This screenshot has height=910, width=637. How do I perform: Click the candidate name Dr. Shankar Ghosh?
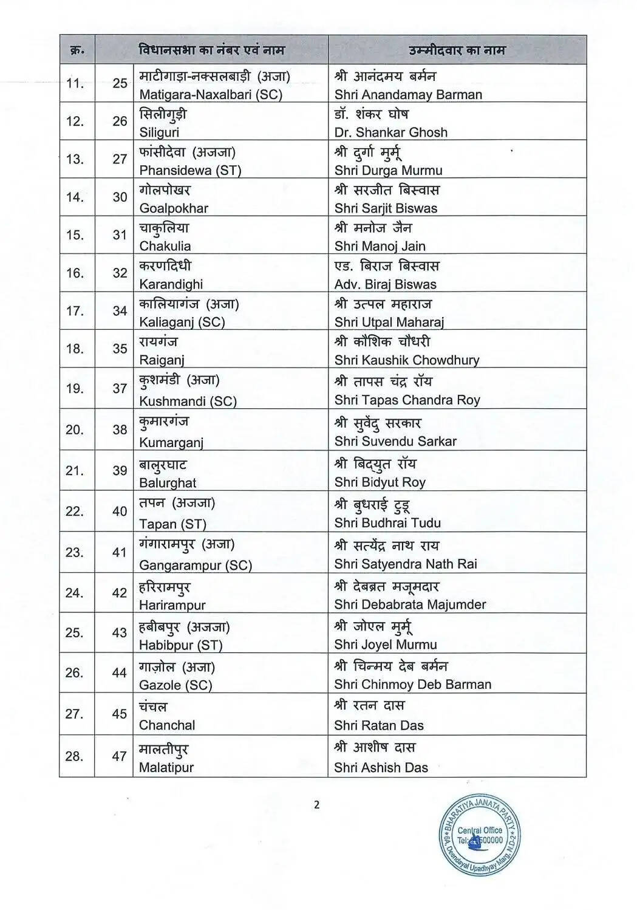click(390, 132)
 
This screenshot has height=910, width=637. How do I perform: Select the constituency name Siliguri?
click(159, 132)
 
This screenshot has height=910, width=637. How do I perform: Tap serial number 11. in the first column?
click(75, 83)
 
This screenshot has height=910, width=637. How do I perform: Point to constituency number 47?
click(119, 756)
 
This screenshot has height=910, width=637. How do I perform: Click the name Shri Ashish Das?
click(381, 768)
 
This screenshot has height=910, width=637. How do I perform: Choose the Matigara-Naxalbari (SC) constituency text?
click(211, 95)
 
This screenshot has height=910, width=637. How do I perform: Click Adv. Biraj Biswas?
click(385, 284)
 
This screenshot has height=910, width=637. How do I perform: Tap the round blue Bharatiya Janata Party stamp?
click(480, 836)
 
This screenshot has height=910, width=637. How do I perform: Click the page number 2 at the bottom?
click(316, 806)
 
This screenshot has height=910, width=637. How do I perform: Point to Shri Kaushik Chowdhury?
click(406, 360)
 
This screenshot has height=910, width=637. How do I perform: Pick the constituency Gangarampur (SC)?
click(195, 565)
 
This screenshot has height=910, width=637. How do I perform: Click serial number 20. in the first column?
click(75, 430)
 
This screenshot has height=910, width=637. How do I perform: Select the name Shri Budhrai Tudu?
click(387, 523)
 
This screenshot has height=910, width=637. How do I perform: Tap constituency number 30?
click(120, 197)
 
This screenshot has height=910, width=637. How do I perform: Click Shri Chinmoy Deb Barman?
click(412, 685)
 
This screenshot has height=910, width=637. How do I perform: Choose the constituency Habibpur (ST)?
click(180, 645)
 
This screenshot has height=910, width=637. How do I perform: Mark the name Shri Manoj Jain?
click(380, 246)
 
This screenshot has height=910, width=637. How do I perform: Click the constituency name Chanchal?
click(167, 725)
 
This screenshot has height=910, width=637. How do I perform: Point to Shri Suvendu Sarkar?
click(395, 442)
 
